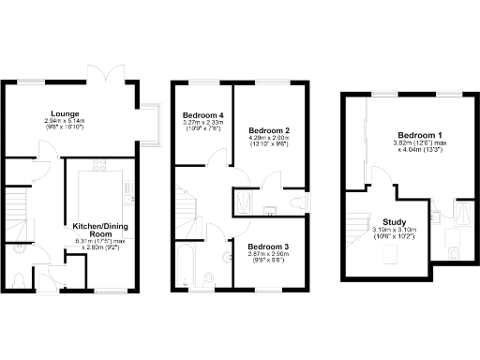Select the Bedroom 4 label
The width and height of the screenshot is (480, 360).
point(202,114)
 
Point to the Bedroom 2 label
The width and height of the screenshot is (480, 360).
point(268,130)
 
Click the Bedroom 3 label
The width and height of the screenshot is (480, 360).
point(268,246)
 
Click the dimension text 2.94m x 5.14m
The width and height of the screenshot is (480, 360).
point(65,122)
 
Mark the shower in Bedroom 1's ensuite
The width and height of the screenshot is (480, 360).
point(464,214)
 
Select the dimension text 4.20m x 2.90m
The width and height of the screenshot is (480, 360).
point(268,138)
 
